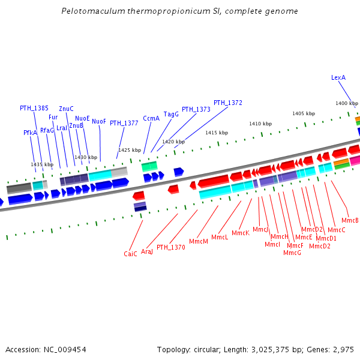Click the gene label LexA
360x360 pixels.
click(x=338, y=77)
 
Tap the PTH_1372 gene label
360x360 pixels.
click(x=228, y=103)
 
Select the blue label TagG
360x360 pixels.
click(x=171, y=113)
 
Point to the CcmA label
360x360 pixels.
click(x=151, y=118)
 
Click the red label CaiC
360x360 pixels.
click(x=130, y=254)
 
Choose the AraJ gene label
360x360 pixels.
click(x=147, y=251)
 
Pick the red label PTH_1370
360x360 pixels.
click(x=171, y=247)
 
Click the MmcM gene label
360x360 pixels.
click(x=198, y=241)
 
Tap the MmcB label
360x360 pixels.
click(x=349, y=220)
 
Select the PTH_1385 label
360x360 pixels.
click(x=34, y=108)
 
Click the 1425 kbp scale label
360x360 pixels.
click(x=130, y=150)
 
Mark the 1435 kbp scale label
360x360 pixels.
click(x=42, y=164)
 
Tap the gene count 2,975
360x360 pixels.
click(x=344, y=349)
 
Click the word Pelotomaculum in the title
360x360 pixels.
click(x=91, y=11)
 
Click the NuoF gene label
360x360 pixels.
click(x=99, y=121)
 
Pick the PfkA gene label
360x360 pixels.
click(x=30, y=133)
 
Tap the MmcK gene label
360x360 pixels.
click(x=240, y=233)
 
